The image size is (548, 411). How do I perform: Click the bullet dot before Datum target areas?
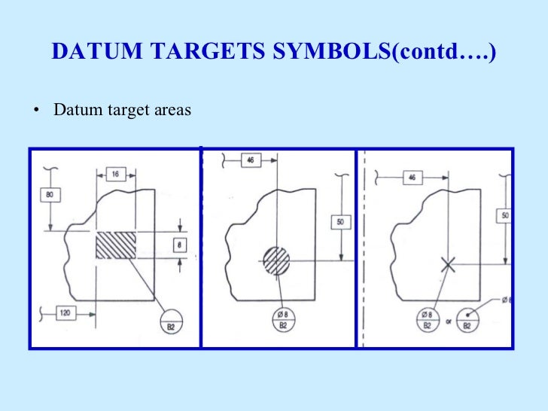pyautogui.click(x=35, y=111)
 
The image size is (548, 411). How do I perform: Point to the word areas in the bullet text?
pyautogui.click(x=172, y=111)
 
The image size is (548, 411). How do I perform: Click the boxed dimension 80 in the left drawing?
pyautogui.click(x=50, y=195)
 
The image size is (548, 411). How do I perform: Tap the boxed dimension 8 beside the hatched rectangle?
pyautogui.click(x=180, y=245)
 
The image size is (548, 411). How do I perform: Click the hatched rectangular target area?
pyautogui.click(x=116, y=245)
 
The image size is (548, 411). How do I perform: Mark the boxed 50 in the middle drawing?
pyautogui.click(x=341, y=224)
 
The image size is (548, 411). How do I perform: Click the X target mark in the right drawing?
pyautogui.click(x=448, y=264)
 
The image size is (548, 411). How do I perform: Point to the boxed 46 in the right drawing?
pyautogui.click(x=410, y=177)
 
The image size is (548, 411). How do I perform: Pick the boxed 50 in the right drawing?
pyautogui.click(x=504, y=216)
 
